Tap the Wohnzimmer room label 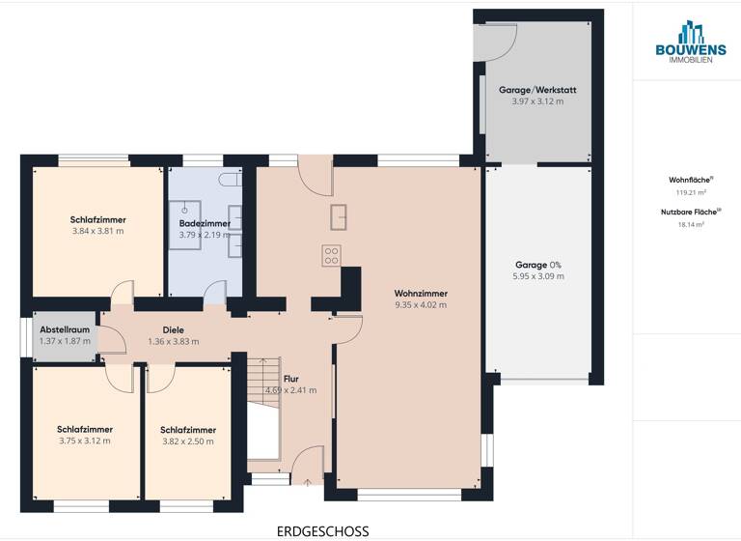click(421, 293)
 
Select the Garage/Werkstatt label click(537, 90)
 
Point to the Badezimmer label click(205, 223)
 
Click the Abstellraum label click(65, 329)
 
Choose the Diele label click(173, 329)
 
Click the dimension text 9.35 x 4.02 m click(421, 305)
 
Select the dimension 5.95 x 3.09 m click(539, 276)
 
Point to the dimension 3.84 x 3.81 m click(97, 232)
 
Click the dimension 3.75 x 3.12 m click(84, 441)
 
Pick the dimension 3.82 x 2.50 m click(188, 441)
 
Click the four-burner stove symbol click(331, 255)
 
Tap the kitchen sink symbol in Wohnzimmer click(339, 217)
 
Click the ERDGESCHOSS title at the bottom click(322, 530)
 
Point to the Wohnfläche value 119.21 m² click(691, 192)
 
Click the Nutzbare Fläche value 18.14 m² click(691, 224)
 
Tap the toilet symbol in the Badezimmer click(227, 180)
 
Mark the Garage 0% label click(539, 264)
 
